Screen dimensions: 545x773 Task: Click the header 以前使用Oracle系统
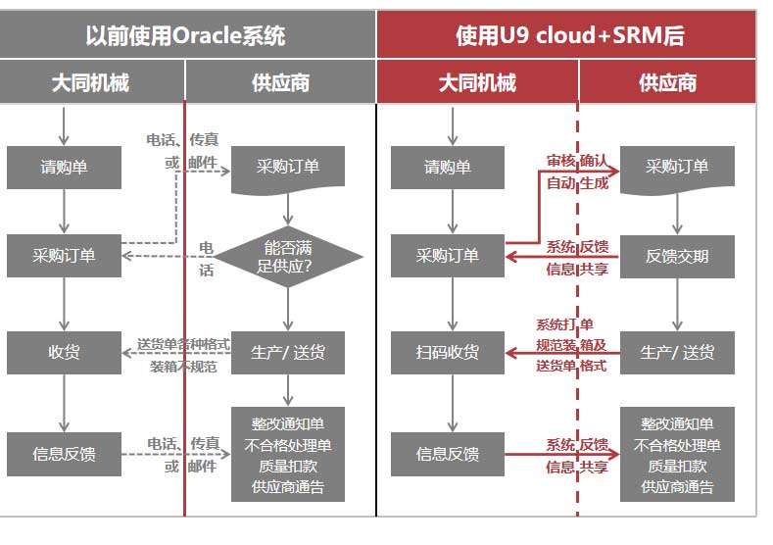coord(185,36)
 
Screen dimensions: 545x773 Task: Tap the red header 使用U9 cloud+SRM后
coord(569,36)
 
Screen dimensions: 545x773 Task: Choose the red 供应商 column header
coord(667,82)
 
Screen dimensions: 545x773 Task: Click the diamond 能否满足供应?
coord(288,256)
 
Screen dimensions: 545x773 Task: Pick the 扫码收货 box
coord(448,353)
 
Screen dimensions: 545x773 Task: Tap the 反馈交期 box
coord(677,256)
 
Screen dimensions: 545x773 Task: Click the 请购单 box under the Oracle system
coord(64,167)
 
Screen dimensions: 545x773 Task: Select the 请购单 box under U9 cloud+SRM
coord(448,167)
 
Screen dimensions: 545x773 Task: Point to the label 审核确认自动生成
coord(576,171)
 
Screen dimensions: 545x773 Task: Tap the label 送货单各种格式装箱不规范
coord(183,355)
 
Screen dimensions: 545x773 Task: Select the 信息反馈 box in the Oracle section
coord(64,454)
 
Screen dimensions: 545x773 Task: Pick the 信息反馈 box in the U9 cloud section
coord(448,454)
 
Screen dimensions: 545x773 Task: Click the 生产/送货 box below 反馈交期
coord(677,353)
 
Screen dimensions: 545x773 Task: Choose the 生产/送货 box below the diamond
coord(288,353)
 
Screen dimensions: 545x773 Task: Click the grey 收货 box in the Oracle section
coord(64,353)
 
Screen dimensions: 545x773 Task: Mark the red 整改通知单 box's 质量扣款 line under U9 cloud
coord(677,467)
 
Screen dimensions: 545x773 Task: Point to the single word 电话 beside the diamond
coord(206,258)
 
